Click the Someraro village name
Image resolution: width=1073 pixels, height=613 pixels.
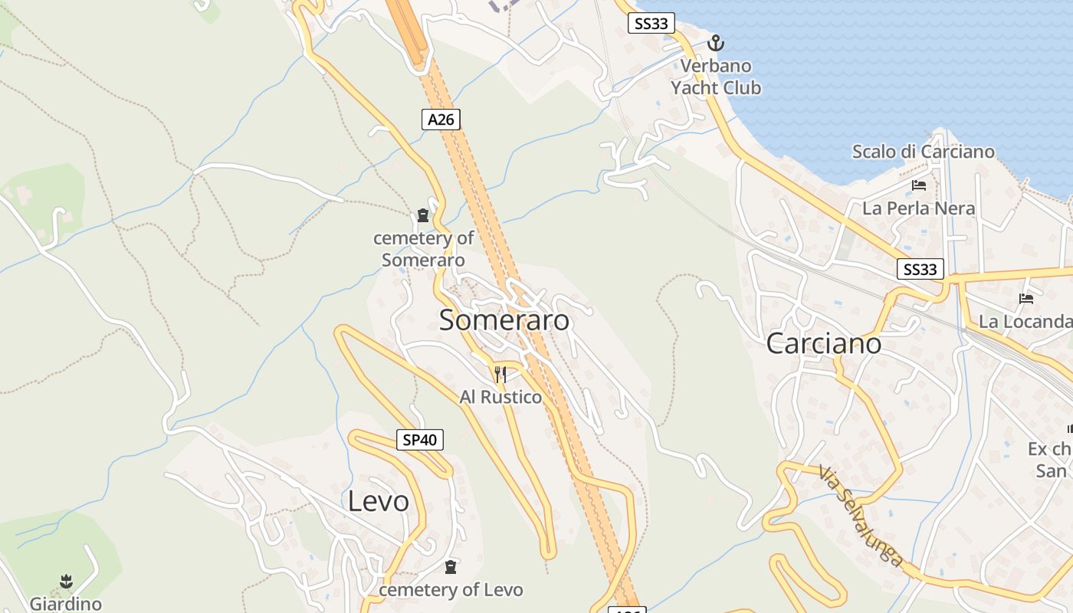click(504, 320)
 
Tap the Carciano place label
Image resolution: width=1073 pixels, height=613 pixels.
click(824, 343)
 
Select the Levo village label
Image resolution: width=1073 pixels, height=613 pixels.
click(378, 502)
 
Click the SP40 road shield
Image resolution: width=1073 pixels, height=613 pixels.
click(420, 440)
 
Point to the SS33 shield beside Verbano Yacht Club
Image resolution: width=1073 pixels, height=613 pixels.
click(651, 24)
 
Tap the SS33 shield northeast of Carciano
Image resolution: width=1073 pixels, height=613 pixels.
click(920, 269)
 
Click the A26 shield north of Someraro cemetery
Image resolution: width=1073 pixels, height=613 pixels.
click(441, 120)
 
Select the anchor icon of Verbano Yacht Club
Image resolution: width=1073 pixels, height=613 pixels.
click(716, 43)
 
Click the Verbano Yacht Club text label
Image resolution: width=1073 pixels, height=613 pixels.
click(716, 77)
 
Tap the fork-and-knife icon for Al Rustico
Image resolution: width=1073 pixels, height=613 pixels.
click(500, 375)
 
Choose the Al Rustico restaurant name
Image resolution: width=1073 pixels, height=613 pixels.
click(500, 397)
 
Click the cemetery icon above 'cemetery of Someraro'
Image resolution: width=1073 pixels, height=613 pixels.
click(423, 215)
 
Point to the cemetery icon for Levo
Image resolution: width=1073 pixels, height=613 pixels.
click(451, 568)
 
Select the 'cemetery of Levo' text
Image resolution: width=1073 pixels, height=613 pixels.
click(451, 590)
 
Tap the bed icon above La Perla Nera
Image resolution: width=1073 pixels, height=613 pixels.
click(919, 185)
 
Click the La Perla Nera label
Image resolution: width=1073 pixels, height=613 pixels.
click(918, 208)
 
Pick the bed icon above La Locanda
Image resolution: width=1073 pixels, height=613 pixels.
click(1026, 299)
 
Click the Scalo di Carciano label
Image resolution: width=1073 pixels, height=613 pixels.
click(924, 152)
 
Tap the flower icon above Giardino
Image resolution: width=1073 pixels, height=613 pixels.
click(66, 582)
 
